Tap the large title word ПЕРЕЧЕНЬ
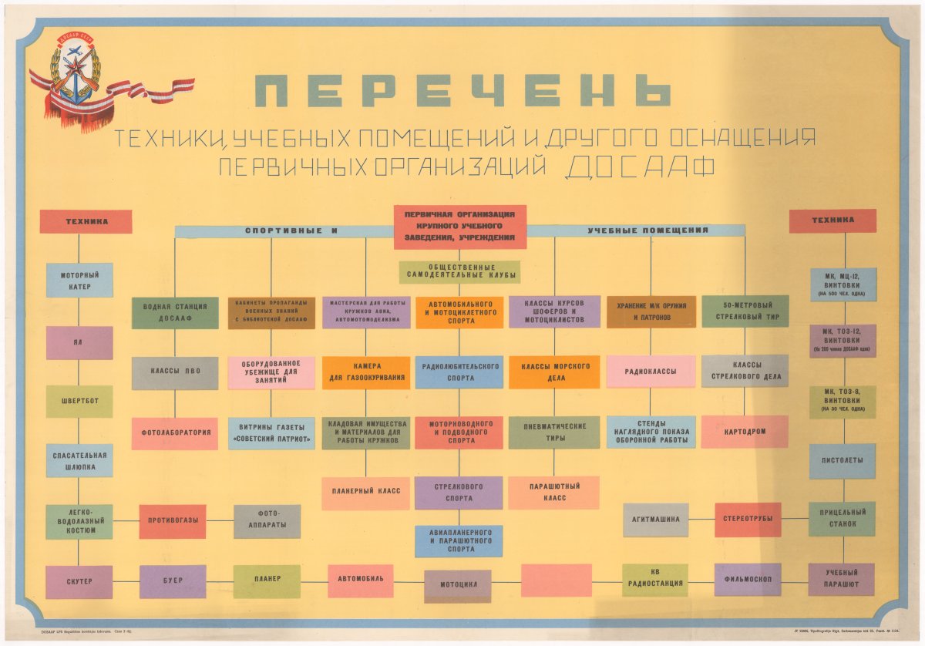462,91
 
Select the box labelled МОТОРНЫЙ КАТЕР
79,281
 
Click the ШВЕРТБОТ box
79,402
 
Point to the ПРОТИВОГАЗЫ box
173,521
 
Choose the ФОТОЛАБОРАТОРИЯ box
174,433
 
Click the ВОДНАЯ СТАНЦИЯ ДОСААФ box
174,313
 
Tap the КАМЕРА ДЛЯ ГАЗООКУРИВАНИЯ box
366,373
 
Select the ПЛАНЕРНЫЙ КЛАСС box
366,493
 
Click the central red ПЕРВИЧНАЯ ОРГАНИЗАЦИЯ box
460,227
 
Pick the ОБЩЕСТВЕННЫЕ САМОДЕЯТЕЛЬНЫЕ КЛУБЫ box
459,272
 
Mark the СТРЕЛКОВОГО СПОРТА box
459,493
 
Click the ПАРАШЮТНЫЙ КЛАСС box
553,493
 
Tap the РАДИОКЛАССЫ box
651,372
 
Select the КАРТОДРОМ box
745,432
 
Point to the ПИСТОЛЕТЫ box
842,461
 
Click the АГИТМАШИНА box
656,520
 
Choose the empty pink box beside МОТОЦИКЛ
556,580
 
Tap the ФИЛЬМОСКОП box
748,580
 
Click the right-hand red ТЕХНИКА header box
832,220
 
